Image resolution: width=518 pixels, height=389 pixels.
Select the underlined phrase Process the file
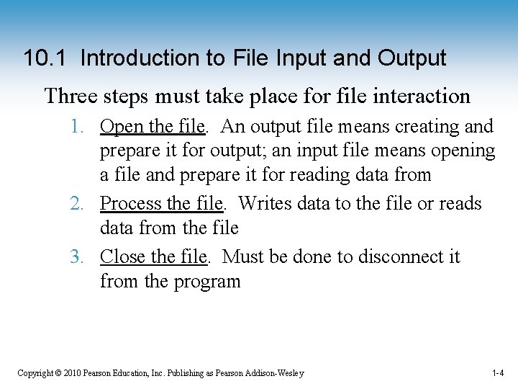pos(161,204)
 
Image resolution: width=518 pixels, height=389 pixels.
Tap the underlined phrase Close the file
pos(154,257)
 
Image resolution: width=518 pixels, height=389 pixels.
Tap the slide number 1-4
pos(498,373)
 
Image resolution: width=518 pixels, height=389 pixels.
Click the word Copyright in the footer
pos(35,373)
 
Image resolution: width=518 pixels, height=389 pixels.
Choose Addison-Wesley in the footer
pos(274,373)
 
